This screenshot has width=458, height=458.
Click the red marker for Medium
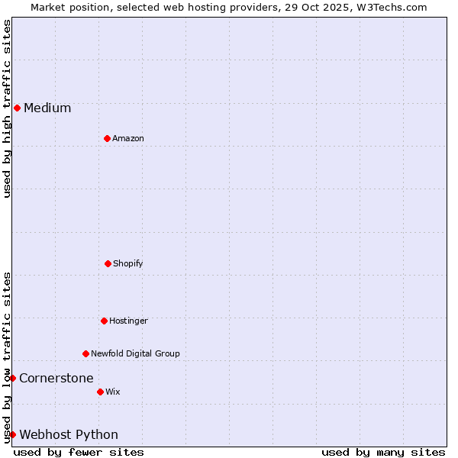[17, 108]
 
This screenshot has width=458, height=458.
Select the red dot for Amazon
[107, 138]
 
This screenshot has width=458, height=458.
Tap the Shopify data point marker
[108, 263]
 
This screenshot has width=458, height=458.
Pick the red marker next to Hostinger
[104, 321]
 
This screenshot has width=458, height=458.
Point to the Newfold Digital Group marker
[85, 353]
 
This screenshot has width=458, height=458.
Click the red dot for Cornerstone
[12, 378]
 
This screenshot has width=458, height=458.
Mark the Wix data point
[100, 392]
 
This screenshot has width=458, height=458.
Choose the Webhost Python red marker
[12, 434]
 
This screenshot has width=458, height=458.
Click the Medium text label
[47, 108]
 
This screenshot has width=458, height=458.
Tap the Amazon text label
[128, 138]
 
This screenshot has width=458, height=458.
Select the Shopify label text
[128, 263]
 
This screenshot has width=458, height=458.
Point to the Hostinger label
[128, 321]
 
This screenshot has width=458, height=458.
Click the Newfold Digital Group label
[135, 353]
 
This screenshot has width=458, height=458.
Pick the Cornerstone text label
[56, 378]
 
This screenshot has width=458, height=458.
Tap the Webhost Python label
[69, 434]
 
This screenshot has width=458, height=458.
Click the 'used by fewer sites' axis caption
[79, 452]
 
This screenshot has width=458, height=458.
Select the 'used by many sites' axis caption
[383, 452]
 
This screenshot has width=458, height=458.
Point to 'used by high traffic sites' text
[7, 108]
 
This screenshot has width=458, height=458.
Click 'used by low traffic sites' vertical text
[7, 357]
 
